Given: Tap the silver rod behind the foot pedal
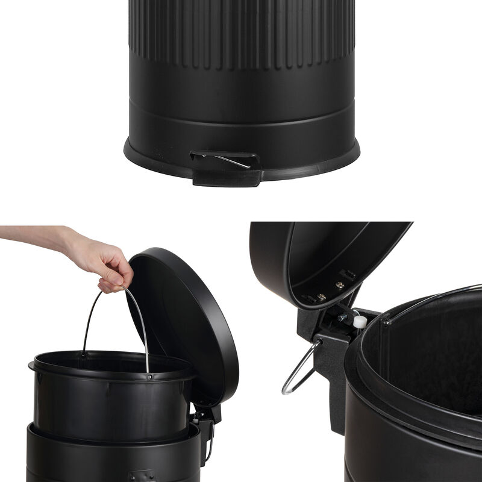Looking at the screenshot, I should point(232,161).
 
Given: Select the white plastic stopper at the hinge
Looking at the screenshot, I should point(360,322).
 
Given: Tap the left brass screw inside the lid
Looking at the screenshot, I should point(321,296).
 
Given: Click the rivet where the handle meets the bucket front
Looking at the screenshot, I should point(149,377).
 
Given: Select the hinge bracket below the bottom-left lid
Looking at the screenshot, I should point(205,422).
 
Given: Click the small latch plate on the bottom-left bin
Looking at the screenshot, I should point(142,476).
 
